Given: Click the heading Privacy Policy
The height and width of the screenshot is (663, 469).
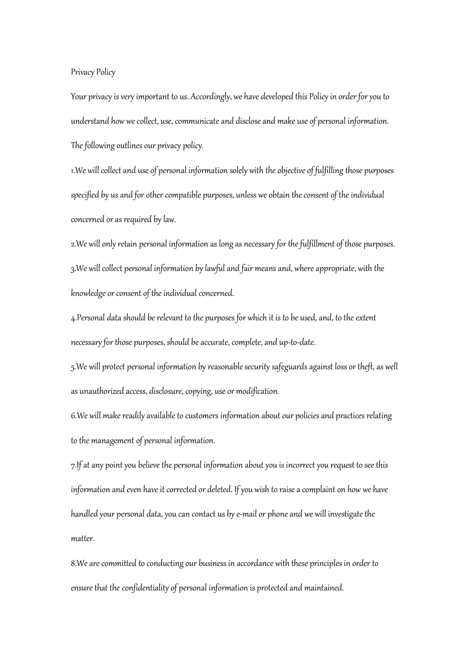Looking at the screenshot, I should point(93,73).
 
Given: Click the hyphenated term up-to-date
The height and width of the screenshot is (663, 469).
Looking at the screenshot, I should point(295,343).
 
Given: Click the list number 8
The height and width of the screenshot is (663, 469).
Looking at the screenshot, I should point(73,564).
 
